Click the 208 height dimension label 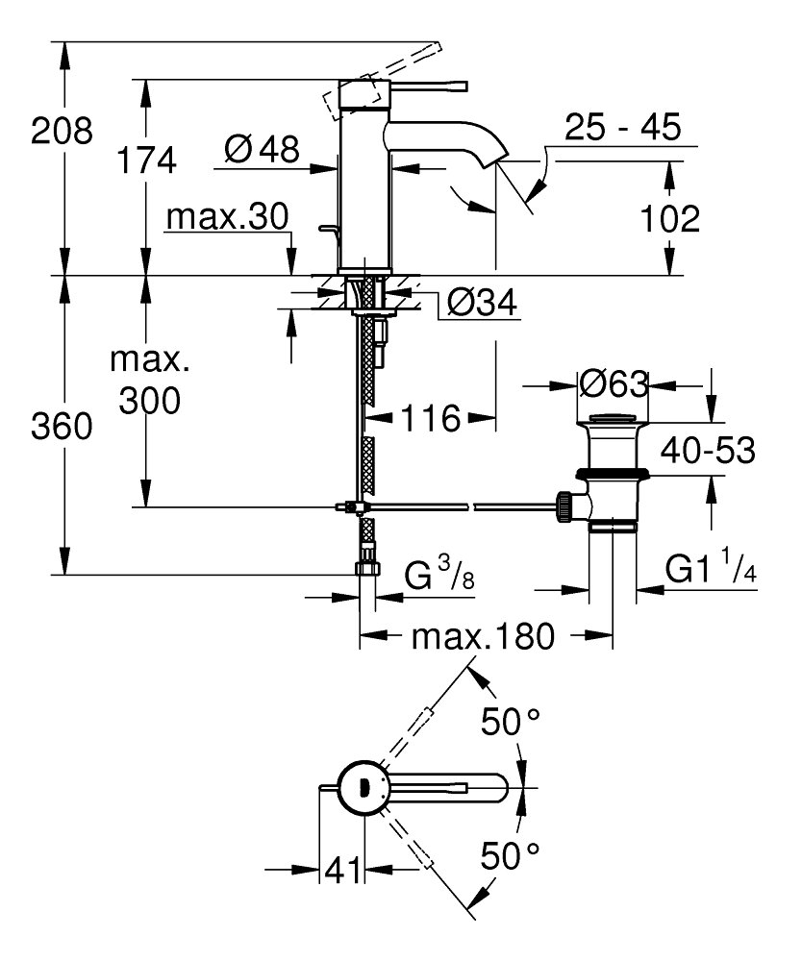coord(63,130)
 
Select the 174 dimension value coord(147,160)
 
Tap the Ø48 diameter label coord(261,150)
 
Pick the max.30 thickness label coord(227,218)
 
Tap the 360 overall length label coord(63,426)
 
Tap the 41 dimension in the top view coord(342,871)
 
